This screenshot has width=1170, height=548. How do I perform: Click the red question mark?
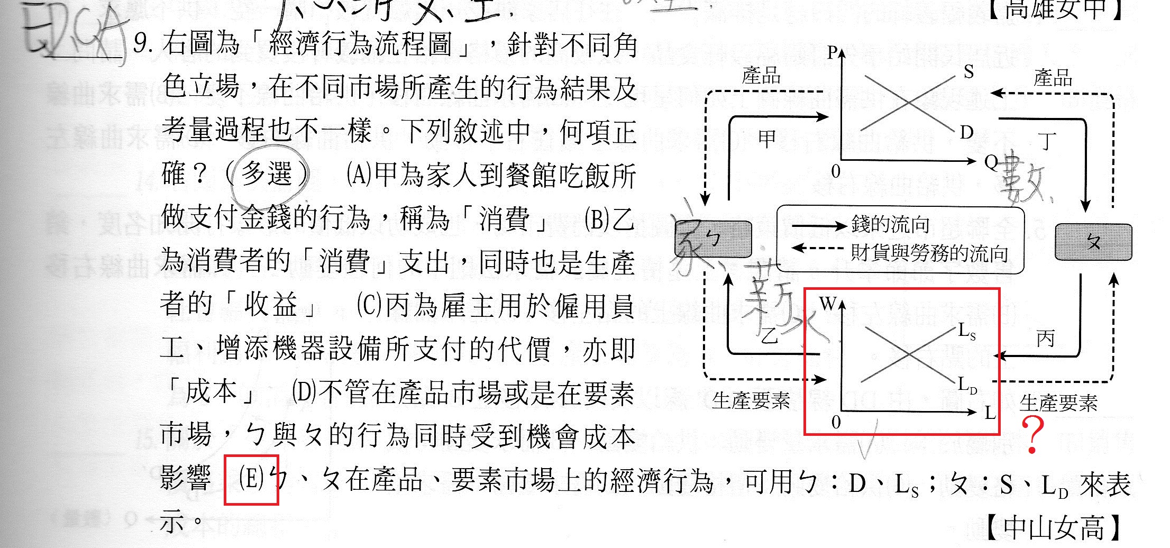[x=1032, y=434]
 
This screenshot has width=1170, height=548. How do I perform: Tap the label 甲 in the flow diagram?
[x=766, y=139]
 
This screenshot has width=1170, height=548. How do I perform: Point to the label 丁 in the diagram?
[x=1047, y=141]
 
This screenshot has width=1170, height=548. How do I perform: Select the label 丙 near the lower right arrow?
[x=1045, y=339]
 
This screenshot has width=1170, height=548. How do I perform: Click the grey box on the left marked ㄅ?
[x=713, y=239]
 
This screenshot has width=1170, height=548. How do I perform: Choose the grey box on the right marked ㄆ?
[x=1093, y=242]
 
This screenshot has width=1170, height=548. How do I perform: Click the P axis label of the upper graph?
[x=832, y=52]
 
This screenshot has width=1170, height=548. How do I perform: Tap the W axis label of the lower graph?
[x=827, y=304]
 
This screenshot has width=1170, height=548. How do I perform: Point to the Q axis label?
[x=990, y=162]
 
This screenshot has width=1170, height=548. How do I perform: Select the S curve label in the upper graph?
[x=968, y=72]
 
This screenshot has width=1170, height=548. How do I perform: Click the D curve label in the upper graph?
[x=967, y=132]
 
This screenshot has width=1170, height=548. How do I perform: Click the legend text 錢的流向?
[x=890, y=225]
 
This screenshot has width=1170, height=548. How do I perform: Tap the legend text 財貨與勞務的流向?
[x=929, y=253]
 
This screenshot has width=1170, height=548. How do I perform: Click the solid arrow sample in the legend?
[x=818, y=226]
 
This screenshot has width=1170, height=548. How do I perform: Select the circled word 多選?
[x=267, y=174]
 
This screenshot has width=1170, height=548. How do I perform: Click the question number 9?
[x=142, y=44]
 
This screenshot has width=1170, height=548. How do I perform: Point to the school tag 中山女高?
[x=1054, y=527]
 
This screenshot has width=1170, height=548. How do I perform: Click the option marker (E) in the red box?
[x=251, y=479]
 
